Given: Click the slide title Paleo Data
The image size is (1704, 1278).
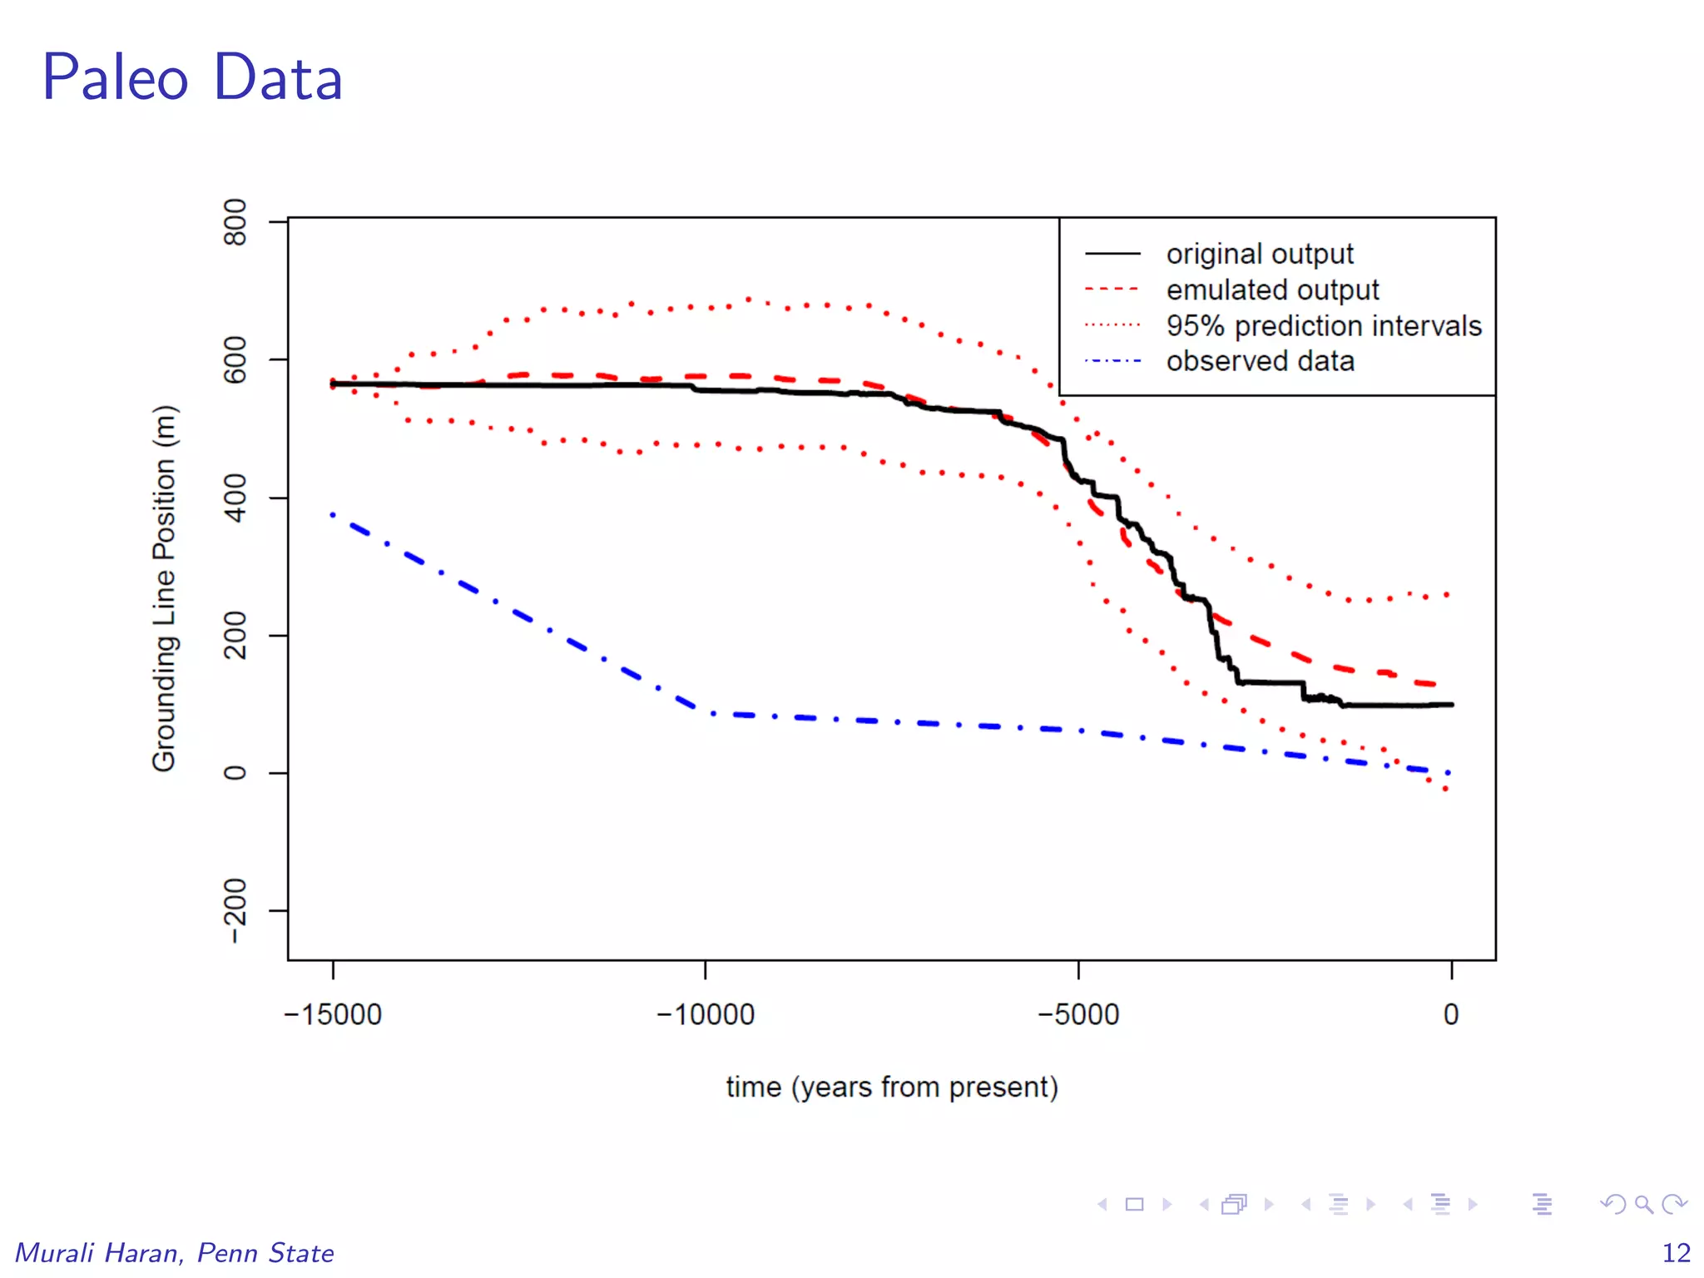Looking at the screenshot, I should click(192, 78).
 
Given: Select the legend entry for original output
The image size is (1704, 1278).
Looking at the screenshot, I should click(1259, 254).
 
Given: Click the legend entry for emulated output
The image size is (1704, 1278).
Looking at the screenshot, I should click(1271, 290).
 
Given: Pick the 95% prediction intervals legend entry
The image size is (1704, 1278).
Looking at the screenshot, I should click(1323, 325).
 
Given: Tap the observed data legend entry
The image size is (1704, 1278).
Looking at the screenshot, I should click(1259, 361).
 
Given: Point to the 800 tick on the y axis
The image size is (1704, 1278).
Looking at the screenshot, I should click(235, 222).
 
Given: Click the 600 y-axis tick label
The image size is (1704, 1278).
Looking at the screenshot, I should click(235, 359).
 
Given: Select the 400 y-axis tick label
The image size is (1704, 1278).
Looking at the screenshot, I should click(235, 498).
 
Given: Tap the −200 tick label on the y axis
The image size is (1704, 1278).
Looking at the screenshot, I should click(235, 910).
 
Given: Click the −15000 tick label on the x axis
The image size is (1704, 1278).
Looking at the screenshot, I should click(333, 1014).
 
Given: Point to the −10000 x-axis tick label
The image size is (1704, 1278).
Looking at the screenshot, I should click(706, 1014).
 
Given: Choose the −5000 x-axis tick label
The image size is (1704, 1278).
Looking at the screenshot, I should click(1078, 1014).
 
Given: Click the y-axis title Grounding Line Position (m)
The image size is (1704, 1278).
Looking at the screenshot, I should click(164, 588).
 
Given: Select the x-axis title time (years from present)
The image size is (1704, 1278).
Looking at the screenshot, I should click(892, 1087).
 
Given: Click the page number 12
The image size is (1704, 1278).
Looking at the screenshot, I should click(1676, 1252).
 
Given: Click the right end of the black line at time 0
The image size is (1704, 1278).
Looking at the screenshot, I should click(1451, 705).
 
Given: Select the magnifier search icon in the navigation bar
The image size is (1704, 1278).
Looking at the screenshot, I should click(1643, 1204).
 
